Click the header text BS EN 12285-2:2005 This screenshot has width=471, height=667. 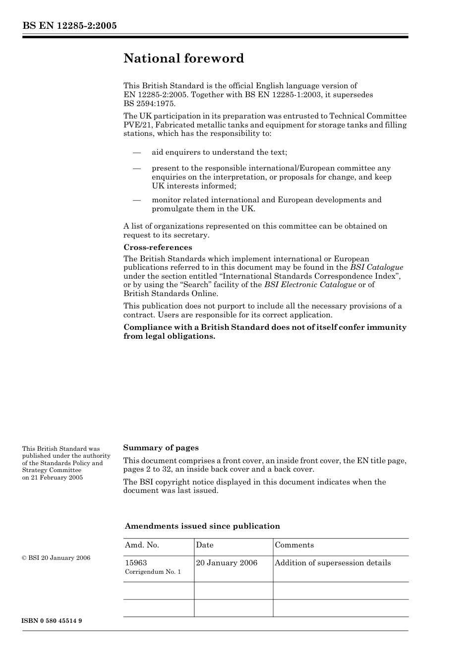pos(69,26)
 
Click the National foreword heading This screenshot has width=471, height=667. pos(183,59)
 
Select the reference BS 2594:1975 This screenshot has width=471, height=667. pos(149,104)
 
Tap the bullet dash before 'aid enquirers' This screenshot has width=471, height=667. pos(137,152)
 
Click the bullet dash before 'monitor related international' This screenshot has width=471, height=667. pos(137,200)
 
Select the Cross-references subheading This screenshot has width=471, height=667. pos(158,247)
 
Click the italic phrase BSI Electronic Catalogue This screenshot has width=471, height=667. pos(310,285)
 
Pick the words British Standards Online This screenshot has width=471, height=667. pos(171,294)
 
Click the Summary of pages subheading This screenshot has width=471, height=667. pos(161,448)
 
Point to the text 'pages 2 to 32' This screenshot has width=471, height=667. pos(147,470)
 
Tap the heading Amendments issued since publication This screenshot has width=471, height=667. pos(202,526)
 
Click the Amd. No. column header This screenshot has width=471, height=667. pos(142,545)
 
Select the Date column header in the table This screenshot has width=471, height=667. pos(205,545)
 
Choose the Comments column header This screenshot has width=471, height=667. pos(294,545)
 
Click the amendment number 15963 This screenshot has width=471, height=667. pos(136,563)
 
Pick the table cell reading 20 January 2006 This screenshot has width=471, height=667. pos(227,563)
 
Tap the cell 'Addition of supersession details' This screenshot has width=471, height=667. pos(333,563)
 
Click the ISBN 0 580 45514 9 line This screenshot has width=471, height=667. pos(52,621)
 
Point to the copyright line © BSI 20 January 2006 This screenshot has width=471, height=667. pos(56,558)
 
